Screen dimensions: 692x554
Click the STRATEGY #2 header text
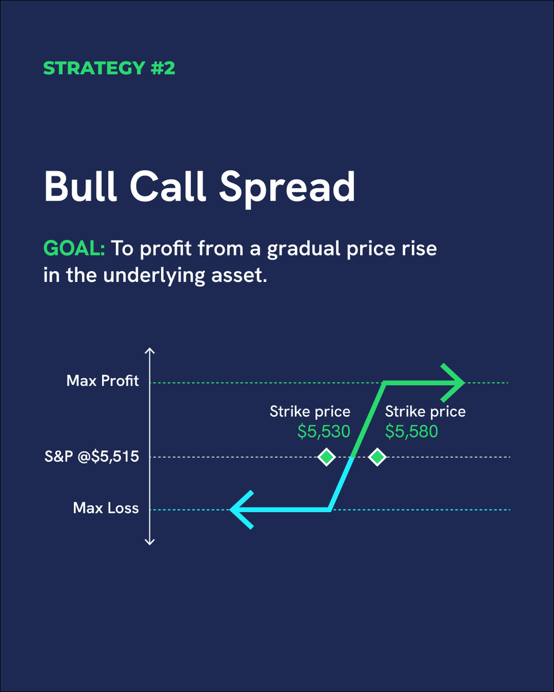coord(109,68)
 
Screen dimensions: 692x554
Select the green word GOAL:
coord(74,249)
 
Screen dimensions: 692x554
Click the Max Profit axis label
coord(103,381)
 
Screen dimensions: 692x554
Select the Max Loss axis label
coord(106,508)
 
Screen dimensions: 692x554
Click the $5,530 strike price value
coord(324,431)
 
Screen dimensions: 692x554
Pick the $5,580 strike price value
coord(411,431)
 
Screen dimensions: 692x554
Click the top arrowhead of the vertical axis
coord(149,351)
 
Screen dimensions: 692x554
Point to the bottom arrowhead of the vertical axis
coord(149,541)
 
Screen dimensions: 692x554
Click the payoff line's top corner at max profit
coord(384,382)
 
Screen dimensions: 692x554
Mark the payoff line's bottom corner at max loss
coord(330,510)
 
